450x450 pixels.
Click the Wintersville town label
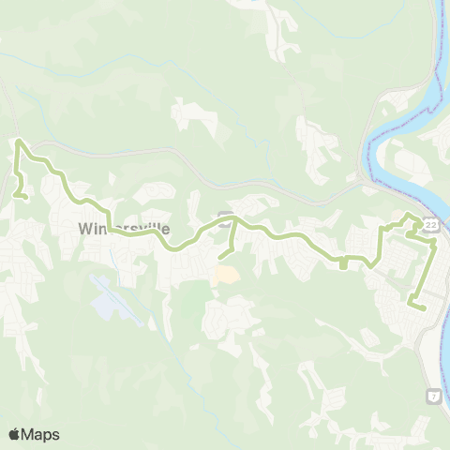coord(124,228)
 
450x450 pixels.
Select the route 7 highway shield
coord(433,397)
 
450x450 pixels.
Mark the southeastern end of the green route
coord(424,307)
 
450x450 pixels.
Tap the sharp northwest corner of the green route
coord(19,142)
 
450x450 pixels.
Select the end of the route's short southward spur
coord(220,256)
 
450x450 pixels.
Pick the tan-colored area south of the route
coord(224,275)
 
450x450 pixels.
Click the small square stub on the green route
coord(344,263)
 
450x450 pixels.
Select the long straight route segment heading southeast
coord(424,272)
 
